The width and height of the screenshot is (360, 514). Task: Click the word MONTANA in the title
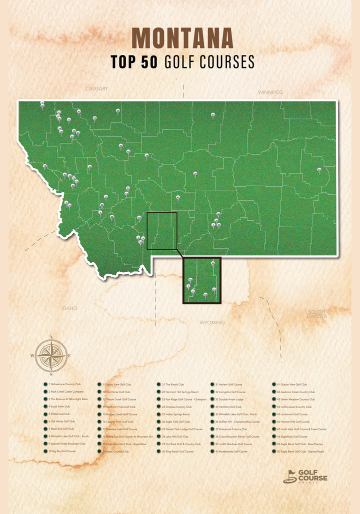(182, 39)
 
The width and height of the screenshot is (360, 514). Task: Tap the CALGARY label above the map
(96, 89)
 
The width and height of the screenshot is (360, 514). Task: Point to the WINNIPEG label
(270, 92)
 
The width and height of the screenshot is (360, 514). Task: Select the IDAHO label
(69, 308)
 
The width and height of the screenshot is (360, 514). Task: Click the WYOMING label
(212, 323)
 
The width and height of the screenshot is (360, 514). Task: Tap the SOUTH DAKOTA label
(317, 314)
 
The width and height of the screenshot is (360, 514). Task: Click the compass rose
(51, 355)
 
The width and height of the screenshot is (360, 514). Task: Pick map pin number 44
(319, 170)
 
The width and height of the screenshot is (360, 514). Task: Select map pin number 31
(213, 115)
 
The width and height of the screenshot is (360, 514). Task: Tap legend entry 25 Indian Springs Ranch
(175, 414)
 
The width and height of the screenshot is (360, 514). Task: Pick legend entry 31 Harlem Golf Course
(228, 385)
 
